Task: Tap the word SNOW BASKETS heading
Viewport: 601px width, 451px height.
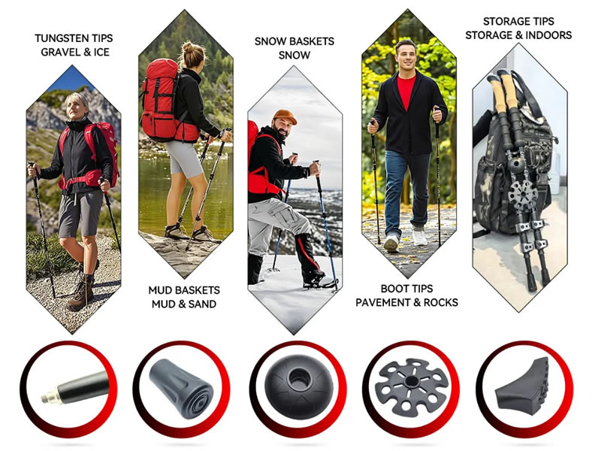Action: (x=294, y=41)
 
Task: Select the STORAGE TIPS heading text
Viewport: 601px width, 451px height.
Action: (x=518, y=22)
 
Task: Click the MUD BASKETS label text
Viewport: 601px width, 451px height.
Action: (x=184, y=290)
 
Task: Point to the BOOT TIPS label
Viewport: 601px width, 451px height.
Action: (x=406, y=289)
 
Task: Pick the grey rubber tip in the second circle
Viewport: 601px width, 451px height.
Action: (x=181, y=388)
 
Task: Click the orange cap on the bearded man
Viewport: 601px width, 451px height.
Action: (x=285, y=117)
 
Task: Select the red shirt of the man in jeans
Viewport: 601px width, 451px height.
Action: (x=406, y=90)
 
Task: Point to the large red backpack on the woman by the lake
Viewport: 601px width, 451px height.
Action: (x=161, y=101)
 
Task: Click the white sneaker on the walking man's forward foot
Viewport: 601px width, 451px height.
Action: (x=391, y=244)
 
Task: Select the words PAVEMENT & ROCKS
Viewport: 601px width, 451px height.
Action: (x=406, y=303)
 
